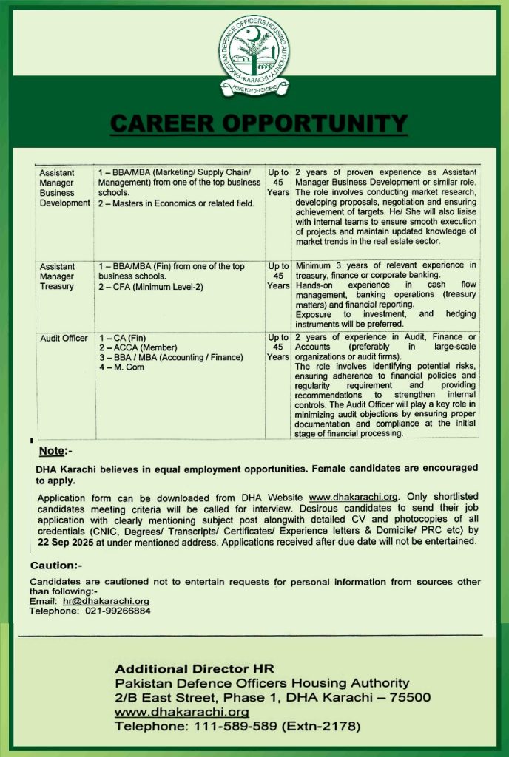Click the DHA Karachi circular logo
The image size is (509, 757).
tap(254, 56)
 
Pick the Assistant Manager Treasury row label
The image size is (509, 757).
tap(57, 276)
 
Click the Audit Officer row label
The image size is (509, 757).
tap(64, 339)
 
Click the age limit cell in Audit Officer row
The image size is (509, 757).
tap(278, 347)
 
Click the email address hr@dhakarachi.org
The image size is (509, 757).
tap(106, 602)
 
